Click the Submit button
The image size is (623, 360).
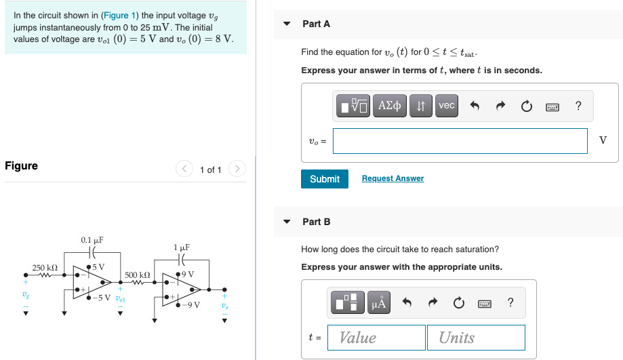click(324, 179)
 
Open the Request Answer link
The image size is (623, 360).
click(393, 178)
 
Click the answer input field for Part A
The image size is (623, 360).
click(460, 141)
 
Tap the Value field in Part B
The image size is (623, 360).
click(376, 338)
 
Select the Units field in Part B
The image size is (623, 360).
click(475, 338)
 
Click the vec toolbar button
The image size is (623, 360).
click(446, 106)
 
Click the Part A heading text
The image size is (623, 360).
click(316, 24)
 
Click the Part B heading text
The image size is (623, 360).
click(316, 222)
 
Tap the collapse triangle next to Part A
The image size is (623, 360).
click(287, 24)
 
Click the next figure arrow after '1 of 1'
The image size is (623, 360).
click(237, 169)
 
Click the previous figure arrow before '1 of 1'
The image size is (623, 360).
click(184, 169)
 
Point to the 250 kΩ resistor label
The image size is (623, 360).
click(45, 268)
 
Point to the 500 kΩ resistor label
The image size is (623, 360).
click(138, 274)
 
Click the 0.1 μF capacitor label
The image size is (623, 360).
click(92, 240)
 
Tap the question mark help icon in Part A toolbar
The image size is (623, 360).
click(578, 106)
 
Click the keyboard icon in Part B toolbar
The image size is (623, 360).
click(483, 303)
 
